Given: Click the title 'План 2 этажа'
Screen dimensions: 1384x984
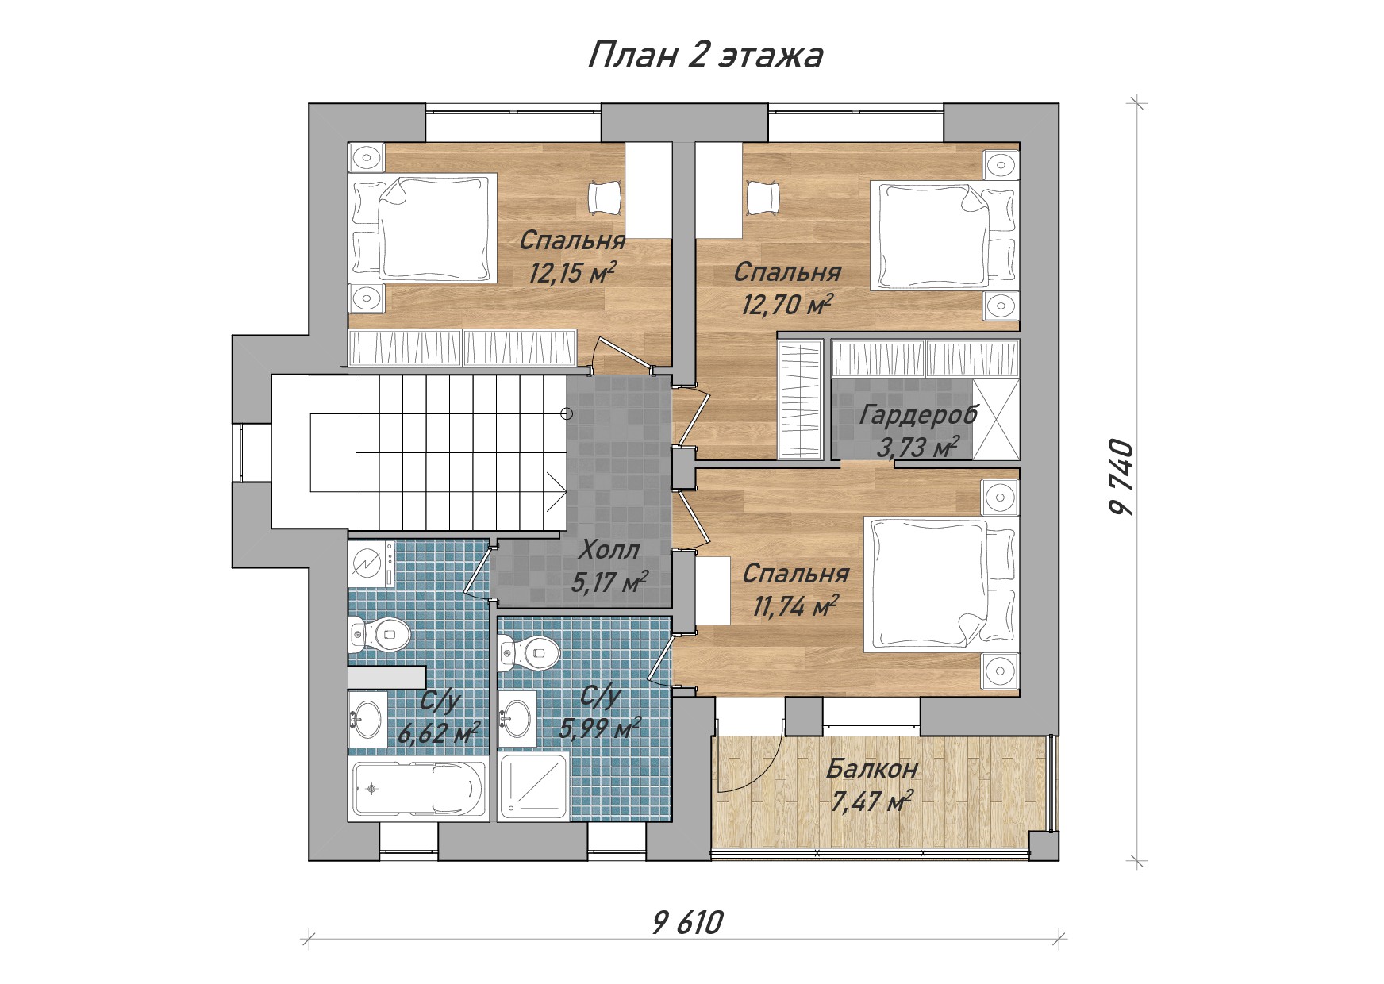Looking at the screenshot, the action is tap(705, 56).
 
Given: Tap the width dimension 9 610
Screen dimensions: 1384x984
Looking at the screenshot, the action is tap(687, 922).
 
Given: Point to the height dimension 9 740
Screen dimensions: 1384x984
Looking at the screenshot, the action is tap(1121, 478).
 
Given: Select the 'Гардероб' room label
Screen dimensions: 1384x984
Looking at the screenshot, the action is tap(918, 414).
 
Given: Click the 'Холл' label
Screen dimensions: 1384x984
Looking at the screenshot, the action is tap(609, 549).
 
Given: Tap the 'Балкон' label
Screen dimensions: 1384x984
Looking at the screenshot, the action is tap(871, 768).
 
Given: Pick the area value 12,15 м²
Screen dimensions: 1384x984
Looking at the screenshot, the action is tap(572, 272).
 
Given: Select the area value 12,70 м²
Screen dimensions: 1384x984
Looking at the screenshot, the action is tap(786, 303).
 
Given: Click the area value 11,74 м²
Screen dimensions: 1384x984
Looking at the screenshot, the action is tap(795, 606).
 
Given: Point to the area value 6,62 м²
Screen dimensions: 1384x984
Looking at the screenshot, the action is tap(439, 732).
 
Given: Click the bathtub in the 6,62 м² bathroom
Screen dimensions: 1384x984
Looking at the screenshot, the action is tap(418, 789).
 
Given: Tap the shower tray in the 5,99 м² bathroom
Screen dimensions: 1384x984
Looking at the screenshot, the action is tap(533, 786).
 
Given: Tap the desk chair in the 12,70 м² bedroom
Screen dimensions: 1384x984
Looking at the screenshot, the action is tap(763, 197).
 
